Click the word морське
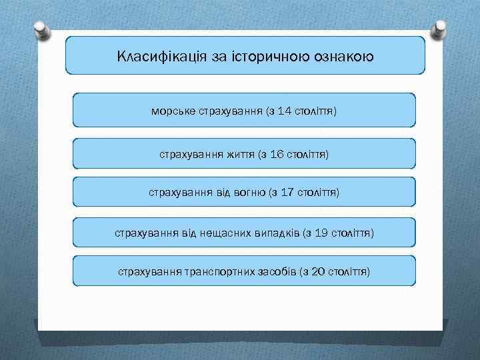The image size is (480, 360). pyautogui.click(x=173, y=111)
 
